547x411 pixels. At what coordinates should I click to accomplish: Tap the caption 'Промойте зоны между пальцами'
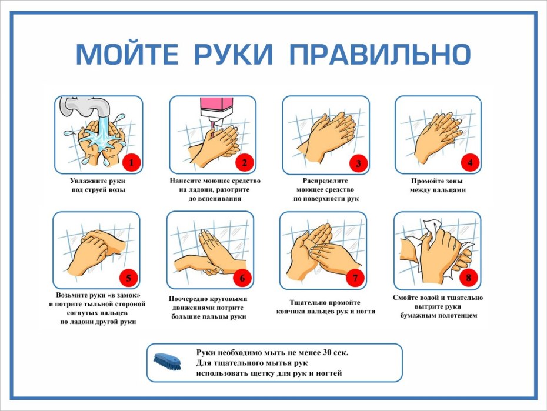coord(438,185)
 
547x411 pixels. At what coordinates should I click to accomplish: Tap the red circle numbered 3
coord(358,162)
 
